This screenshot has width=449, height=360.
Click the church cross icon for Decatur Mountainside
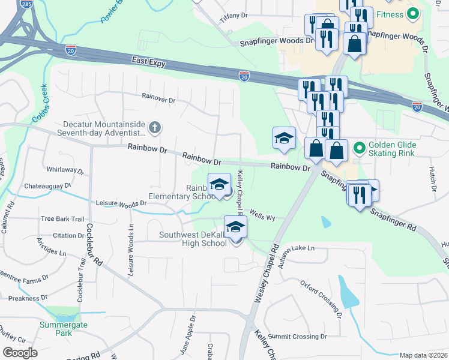click(x=155, y=127)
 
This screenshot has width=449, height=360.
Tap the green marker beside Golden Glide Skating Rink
click(x=359, y=146)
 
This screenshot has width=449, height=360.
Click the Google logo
click(x=20, y=353)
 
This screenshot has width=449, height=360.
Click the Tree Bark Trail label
click(x=62, y=219)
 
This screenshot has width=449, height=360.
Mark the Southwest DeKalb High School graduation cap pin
click(x=236, y=227)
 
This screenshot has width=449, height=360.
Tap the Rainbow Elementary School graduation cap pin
click(x=219, y=184)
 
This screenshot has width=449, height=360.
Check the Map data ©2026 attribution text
click(x=423, y=355)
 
